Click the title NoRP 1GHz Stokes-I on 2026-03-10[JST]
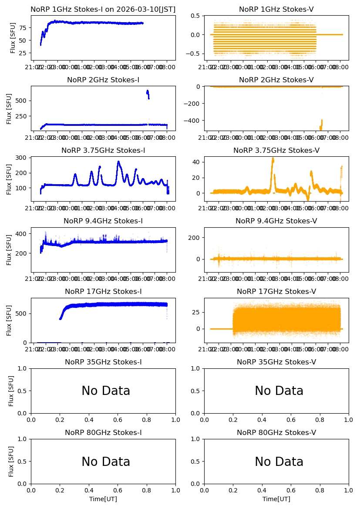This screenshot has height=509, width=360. [103, 10]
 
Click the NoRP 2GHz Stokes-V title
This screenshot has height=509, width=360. [276, 80]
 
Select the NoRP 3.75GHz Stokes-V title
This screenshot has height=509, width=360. [276, 151]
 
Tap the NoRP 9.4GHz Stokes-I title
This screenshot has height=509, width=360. [103, 221]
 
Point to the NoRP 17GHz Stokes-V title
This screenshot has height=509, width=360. [276, 292]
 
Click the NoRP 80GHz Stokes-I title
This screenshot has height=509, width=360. [103, 433]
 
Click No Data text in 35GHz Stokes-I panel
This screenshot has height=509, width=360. [106, 391]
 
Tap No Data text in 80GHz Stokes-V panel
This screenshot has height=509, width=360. [279, 462]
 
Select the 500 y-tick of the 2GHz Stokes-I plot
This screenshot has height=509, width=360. [23, 101]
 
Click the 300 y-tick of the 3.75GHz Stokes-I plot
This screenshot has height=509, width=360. [23, 158]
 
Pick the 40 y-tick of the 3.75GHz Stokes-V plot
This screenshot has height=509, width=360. [196, 162]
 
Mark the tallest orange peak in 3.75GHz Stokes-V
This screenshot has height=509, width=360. [273, 158]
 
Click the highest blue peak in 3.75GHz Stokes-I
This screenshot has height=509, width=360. [118, 162]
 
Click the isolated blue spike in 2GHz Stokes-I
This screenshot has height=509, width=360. [148, 92]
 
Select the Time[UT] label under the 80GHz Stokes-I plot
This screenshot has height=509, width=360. [103, 499]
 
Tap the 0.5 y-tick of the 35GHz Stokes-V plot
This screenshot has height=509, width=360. [196, 391]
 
